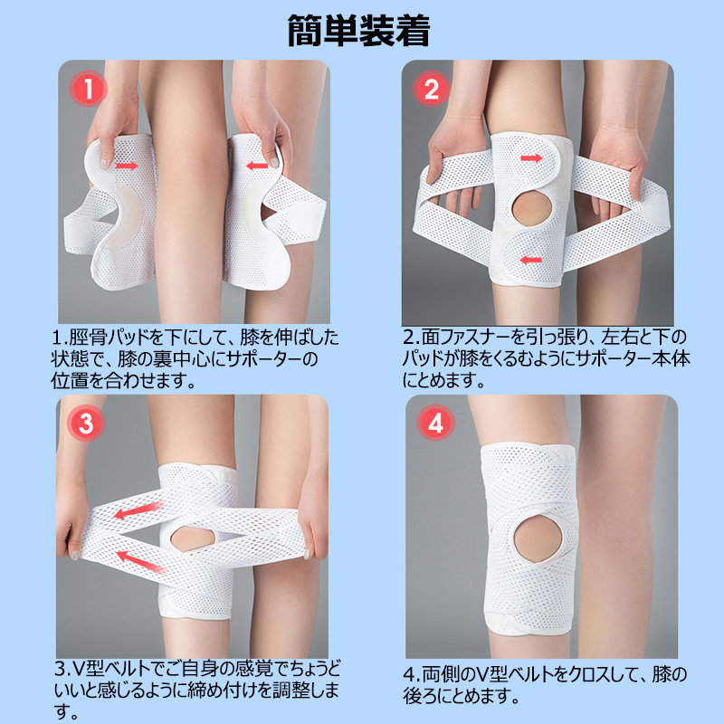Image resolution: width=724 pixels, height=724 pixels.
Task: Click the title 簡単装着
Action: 358,31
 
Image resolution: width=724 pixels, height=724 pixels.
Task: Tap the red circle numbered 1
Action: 88,89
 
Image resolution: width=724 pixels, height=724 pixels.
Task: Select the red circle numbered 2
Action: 432,89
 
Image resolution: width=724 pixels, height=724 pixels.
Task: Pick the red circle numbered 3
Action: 86,423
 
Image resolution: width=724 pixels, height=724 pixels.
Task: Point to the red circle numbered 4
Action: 435,422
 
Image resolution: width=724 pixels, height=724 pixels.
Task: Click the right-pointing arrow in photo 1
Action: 127,166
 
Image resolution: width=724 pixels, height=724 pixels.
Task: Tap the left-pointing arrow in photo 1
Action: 257,165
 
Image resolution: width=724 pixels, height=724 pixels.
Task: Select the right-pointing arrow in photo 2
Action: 531,158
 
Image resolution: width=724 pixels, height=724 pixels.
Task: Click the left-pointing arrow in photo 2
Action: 530,260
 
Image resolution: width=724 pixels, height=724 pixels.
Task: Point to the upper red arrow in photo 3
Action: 138,510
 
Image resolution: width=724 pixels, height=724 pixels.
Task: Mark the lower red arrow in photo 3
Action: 141,561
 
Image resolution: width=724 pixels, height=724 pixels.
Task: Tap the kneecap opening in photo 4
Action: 538,539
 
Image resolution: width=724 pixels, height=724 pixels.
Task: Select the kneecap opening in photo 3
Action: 193,538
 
